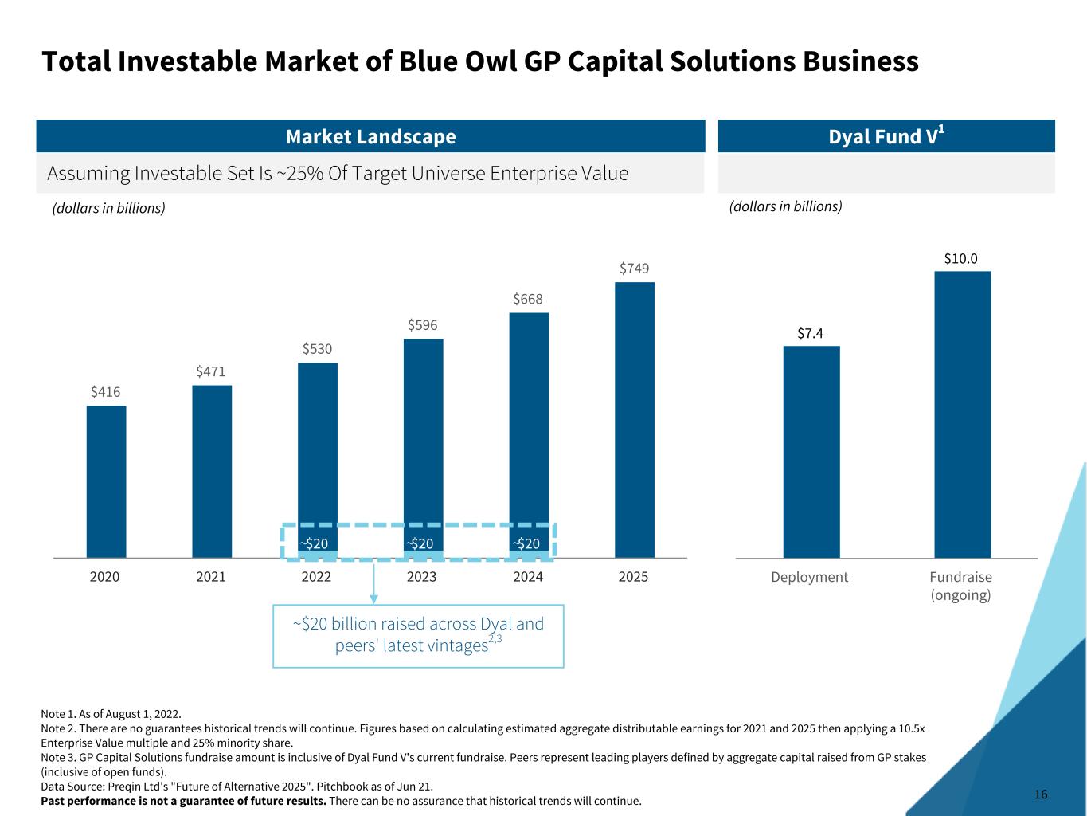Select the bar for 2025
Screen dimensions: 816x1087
[634, 419]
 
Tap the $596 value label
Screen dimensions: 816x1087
[422, 325]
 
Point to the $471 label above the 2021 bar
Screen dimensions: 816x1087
[211, 371]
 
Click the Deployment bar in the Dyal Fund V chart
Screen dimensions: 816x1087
[811, 451]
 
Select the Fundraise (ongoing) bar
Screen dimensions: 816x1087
[962, 414]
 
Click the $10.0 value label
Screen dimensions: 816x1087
[960, 259]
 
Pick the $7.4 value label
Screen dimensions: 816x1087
[810, 333]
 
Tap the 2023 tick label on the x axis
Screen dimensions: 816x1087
[421, 577]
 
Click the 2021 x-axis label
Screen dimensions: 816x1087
[211, 577]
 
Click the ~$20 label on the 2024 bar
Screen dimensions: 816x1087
[526, 544]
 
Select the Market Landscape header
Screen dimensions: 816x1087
[370, 137]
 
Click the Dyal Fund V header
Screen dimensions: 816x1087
[886, 137]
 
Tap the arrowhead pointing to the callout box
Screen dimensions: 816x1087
[373, 598]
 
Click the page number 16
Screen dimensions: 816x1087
[1041, 794]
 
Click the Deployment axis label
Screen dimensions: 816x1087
[809, 577]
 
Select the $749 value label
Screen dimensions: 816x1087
[634, 269]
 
